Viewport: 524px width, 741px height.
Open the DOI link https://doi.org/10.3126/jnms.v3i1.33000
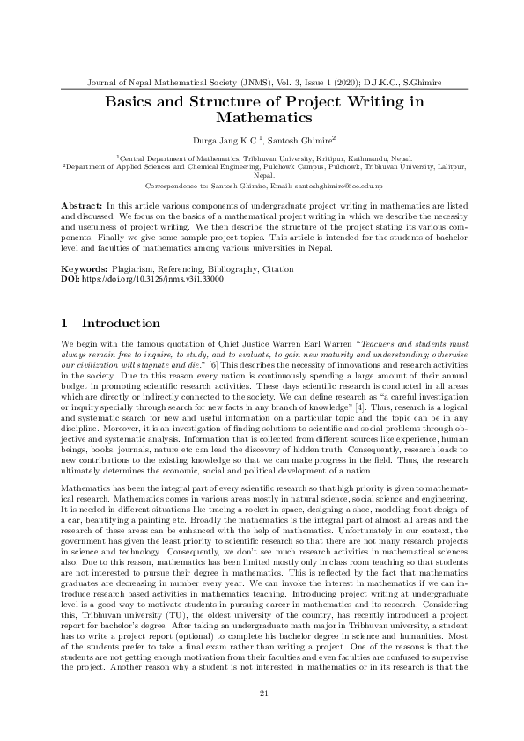(x=152, y=277)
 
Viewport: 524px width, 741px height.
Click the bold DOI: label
(x=71, y=277)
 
